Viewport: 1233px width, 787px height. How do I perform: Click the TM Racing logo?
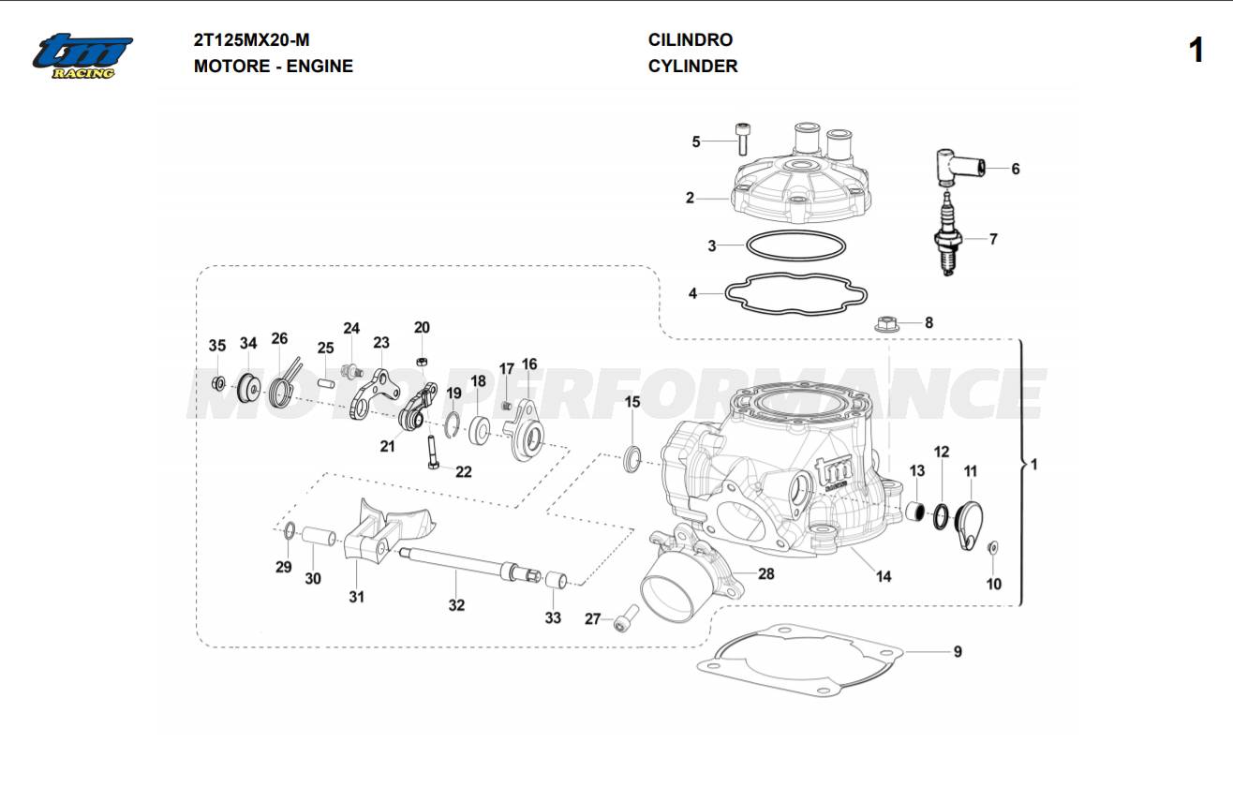tap(82, 55)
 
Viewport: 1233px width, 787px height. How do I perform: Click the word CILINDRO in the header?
tap(691, 40)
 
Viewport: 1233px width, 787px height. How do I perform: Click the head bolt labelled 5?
tap(743, 140)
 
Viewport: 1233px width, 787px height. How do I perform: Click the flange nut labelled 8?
tap(885, 324)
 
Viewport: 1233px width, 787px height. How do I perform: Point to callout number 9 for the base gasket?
tap(957, 651)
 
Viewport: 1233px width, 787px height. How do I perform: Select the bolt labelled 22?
tap(432, 453)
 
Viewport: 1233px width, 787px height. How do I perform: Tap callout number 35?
tap(216, 346)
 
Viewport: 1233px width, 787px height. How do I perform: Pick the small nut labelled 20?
tap(423, 360)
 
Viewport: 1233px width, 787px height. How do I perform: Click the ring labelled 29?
tap(290, 533)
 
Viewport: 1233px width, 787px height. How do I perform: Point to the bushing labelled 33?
tap(554, 579)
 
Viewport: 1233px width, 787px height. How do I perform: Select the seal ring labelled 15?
tap(633, 458)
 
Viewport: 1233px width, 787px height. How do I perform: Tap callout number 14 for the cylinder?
tap(884, 576)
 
